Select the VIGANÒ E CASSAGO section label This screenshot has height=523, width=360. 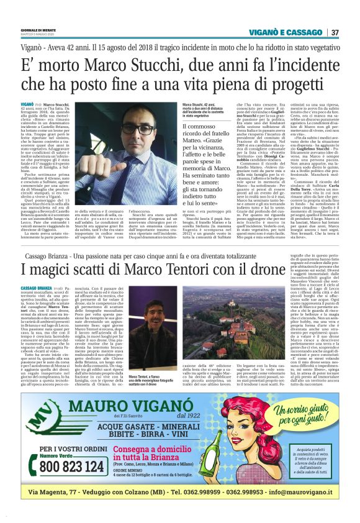coord(286,32)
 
